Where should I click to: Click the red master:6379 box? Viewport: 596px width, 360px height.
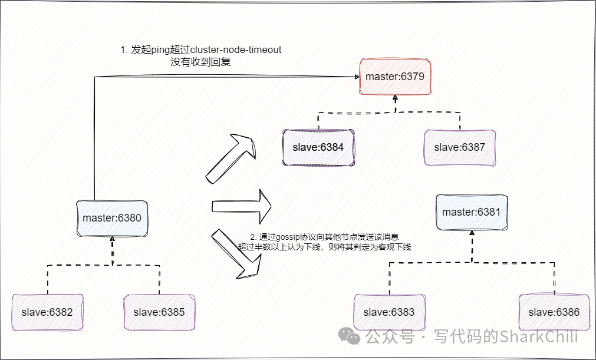click(x=395, y=77)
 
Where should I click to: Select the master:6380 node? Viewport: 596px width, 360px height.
click(x=112, y=217)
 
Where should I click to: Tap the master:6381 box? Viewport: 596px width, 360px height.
click(x=471, y=212)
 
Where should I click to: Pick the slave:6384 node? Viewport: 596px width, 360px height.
click(x=318, y=147)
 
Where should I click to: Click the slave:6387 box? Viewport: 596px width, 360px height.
click(x=459, y=147)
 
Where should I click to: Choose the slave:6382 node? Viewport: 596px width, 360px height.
click(x=47, y=312)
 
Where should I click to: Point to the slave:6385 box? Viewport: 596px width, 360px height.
click(x=159, y=312)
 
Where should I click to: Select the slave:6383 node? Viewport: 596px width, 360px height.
click(x=389, y=312)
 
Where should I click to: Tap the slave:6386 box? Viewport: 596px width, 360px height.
click(x=554, y=312)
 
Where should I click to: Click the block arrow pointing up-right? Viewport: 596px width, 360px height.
click(x=231, y=158)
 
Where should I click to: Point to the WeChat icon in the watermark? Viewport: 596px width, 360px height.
click(x=353, y=337)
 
